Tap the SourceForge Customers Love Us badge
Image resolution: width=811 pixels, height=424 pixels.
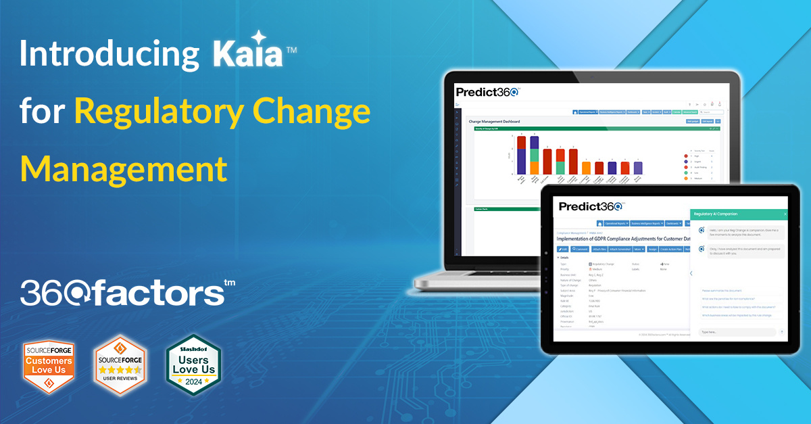(48, 365)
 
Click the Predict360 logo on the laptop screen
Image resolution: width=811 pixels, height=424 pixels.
(487, 93)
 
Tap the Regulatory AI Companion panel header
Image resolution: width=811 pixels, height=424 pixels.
(718, 214)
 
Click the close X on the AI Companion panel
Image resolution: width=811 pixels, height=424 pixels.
(785, 214)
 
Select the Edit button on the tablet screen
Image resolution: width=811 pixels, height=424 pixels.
(563, 249)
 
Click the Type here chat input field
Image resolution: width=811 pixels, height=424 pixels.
(737, 332)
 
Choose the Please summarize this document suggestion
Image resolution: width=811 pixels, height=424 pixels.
(721, 290)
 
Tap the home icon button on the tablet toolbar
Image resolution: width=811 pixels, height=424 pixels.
(599, 223)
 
